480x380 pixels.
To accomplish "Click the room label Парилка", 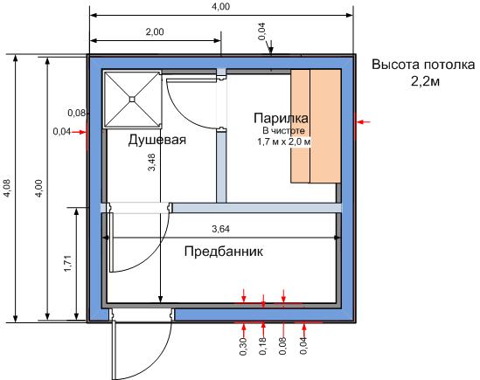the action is click(281, 118).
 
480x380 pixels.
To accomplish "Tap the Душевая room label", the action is click(157, 140).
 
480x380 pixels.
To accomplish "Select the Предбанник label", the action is click(224, 252).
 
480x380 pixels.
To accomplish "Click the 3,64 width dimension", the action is click(220, 229).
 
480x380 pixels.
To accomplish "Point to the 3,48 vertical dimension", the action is click(152, 162).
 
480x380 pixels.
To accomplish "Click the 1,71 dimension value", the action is click(67, 263).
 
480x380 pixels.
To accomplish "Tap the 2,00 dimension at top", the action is click(155, 31).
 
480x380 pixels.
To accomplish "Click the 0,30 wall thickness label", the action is click(243, 346).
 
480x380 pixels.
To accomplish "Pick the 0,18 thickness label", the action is click(263, 346).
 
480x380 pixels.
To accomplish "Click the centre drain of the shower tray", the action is click(132, 99).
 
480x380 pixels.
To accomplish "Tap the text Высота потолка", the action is click(423, 65).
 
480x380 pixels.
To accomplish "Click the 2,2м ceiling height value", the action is click(425, 81).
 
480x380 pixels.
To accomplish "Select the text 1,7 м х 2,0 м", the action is click(284, 142).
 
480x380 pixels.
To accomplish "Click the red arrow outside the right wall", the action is click(364, 122).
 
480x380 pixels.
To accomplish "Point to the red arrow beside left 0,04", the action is click(79, 132).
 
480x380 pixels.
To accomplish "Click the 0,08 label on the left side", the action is click(77, 113).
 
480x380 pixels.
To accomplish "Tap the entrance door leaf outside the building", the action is click(114, 349).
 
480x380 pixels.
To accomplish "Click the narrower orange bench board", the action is click(300, 126).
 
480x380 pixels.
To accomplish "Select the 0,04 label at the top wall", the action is click(261, 31).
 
